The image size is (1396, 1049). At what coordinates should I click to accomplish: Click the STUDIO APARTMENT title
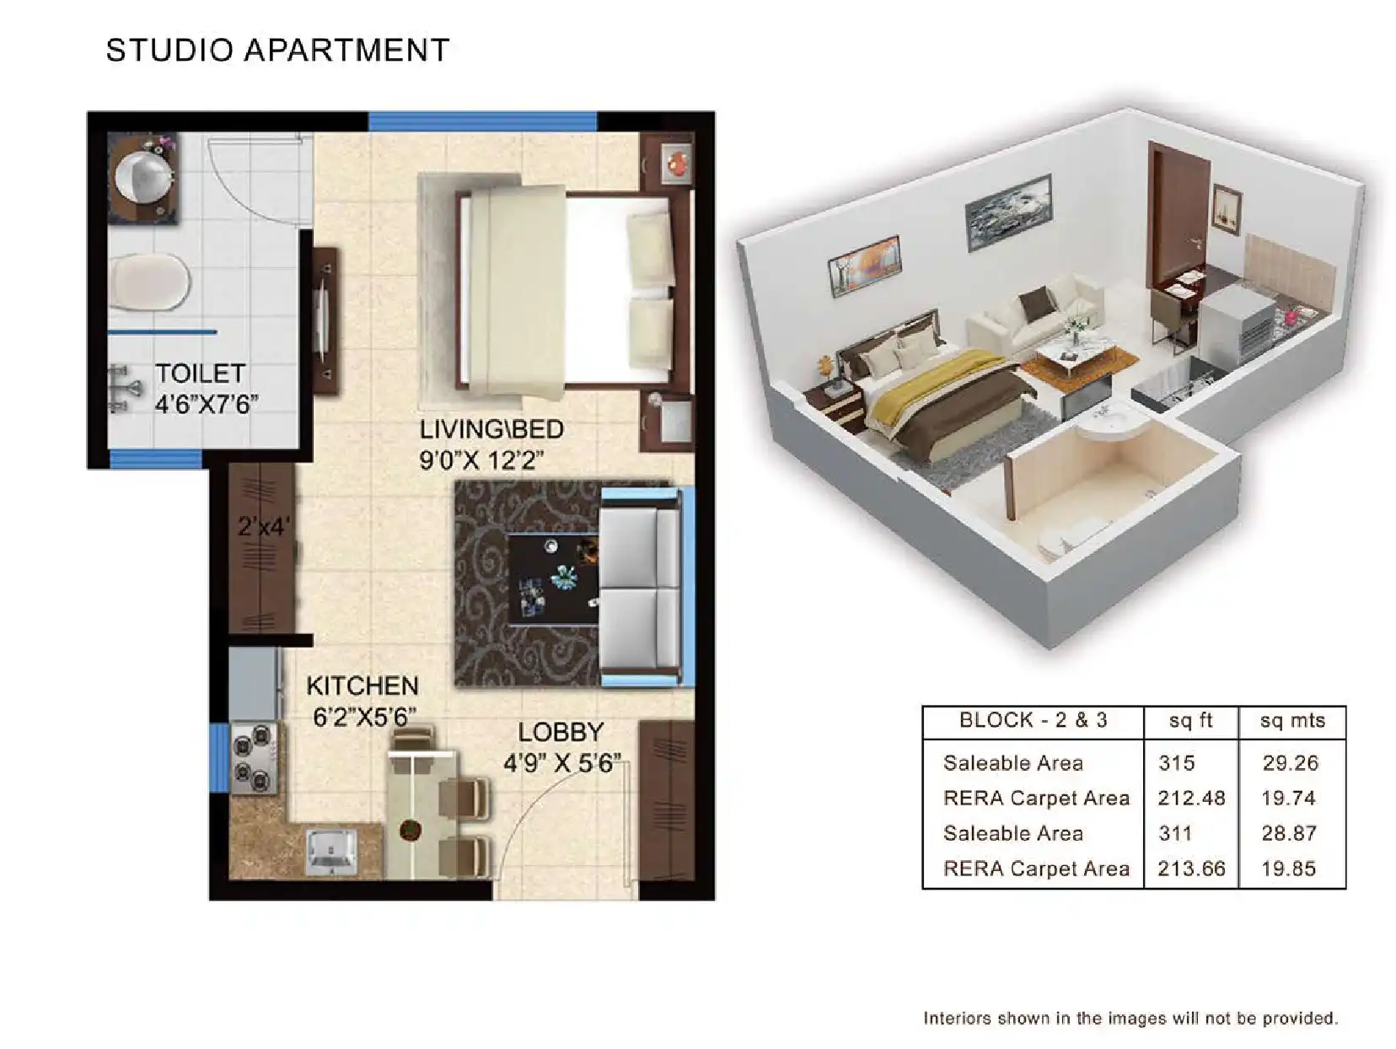[277, 51]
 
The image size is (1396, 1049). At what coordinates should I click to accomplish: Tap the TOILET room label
[200, 374]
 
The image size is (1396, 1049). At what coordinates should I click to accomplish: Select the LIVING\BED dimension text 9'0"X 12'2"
[481, 460]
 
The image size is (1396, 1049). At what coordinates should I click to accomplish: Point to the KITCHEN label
[362, 686]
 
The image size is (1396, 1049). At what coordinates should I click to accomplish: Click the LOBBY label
[561, 732]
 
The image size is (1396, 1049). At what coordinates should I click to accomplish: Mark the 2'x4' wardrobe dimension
[263, 527]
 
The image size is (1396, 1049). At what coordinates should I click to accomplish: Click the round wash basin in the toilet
[143, 175]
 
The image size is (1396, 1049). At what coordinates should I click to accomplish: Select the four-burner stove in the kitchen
[254, 758]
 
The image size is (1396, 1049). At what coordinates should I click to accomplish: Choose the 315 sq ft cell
[1176, 763]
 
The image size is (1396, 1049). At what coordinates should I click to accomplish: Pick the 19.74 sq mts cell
[1288, 799]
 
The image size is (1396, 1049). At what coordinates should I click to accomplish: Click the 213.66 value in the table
[1190, 869]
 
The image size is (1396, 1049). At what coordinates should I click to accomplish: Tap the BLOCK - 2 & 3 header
[1033, 721]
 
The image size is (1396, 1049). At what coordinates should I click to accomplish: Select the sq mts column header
[1291, 721]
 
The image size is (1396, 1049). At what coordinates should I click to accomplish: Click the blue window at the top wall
[482, 121]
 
